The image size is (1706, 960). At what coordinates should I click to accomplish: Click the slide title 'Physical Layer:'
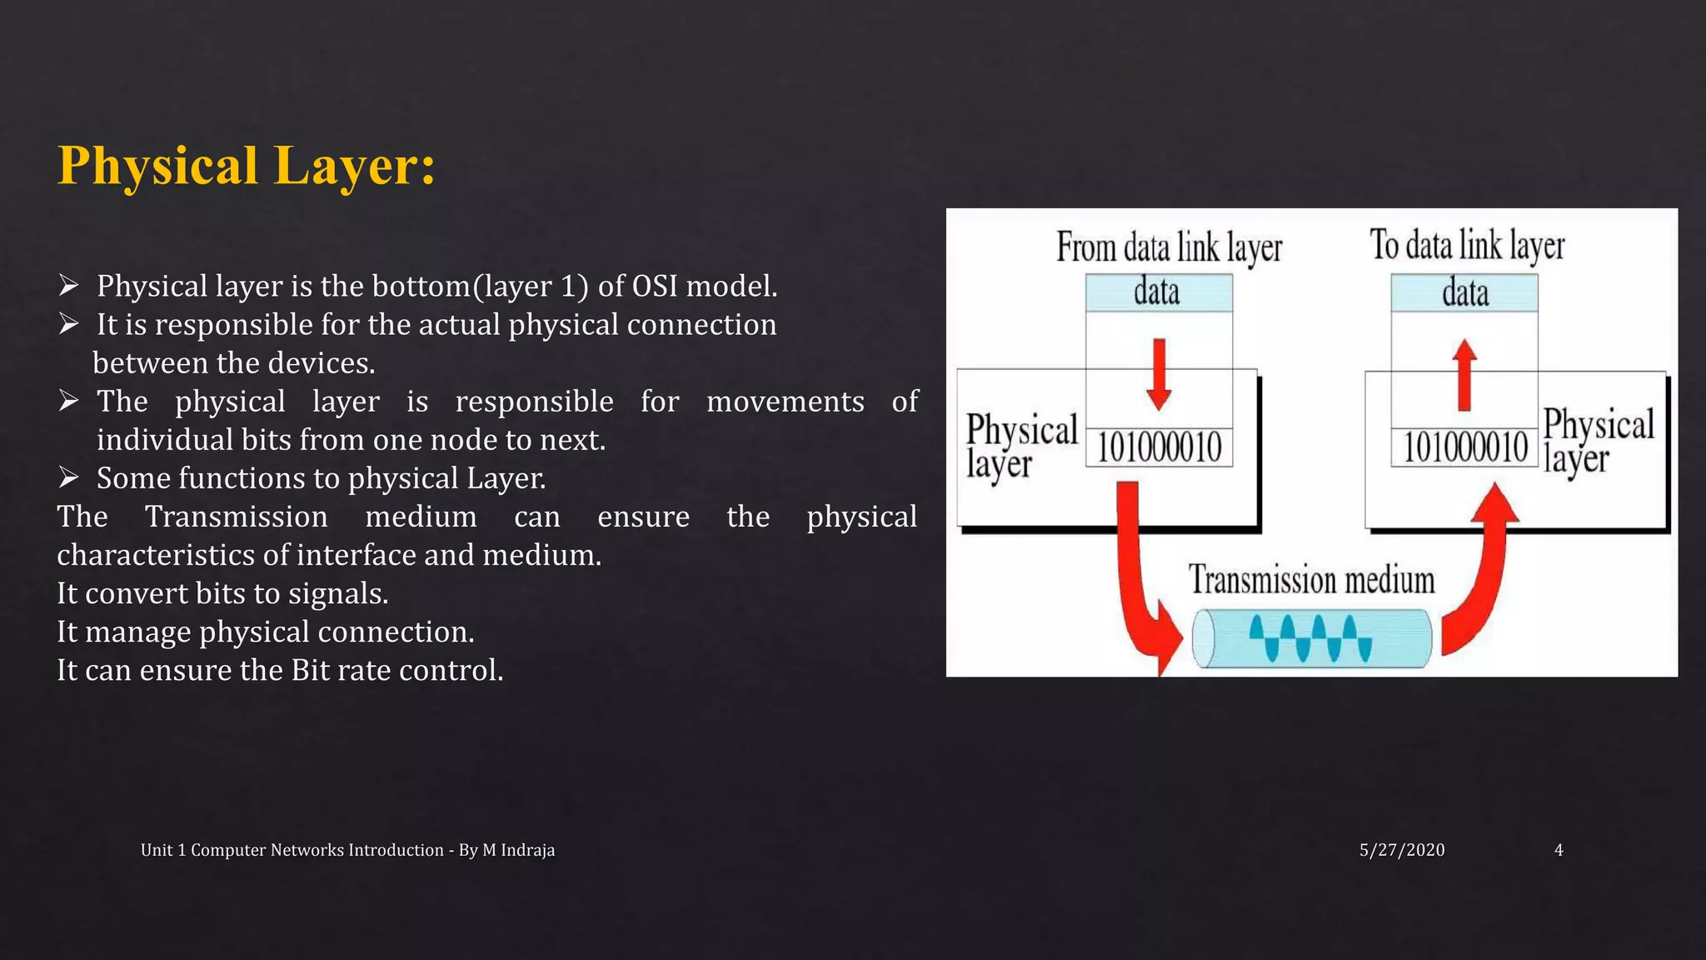click(x=247, y=165)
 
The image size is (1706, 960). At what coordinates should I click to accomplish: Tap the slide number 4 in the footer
click(x=1559, y=850)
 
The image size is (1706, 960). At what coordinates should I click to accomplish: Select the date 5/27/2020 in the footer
click(x=1402, y=850)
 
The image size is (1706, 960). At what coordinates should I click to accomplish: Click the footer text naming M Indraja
click(x=347, y=850)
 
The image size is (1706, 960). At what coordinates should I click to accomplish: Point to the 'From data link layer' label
click(x=1169, y=247)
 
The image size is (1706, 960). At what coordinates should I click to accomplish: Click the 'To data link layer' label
click(x=1467, y=246)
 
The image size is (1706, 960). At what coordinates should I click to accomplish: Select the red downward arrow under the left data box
click(x=1158, y=374)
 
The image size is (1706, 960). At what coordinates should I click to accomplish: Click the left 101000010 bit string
click(x=1159, y=447)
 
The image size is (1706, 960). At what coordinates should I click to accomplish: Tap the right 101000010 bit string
click(x=1465, y=447)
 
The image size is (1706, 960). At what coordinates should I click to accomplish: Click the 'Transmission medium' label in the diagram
click(x=1311, y=580)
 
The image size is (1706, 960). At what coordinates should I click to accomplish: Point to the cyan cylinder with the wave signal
click(x=1312, y=638)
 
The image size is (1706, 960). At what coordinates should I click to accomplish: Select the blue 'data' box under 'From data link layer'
click(x=1158, y=292)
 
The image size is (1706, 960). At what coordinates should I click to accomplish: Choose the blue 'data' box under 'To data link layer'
click(x=1464, y=293)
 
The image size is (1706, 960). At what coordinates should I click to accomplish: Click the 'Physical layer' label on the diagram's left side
click(x=1020, y=446)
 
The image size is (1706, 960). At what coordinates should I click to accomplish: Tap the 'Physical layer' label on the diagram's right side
click(x=1598, y=441)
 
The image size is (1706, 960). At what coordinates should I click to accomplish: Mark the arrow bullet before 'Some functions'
click(x=68, y=477)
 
